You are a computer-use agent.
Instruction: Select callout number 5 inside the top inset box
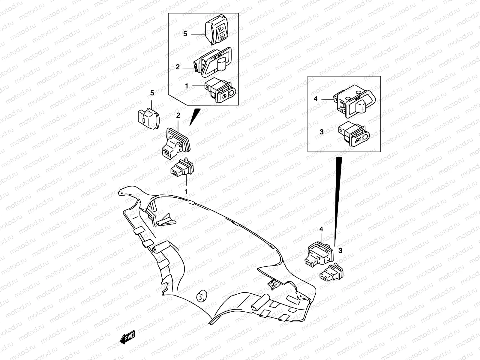pos(185,34)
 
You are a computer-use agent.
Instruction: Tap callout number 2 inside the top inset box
pos(178,67)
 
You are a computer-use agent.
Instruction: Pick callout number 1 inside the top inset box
pos(186,86)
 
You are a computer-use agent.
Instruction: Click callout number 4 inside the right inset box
pos(316,99)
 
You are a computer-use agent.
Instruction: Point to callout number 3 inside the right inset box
pos(322,132)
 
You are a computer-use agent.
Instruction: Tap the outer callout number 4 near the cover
pos(321,229)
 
